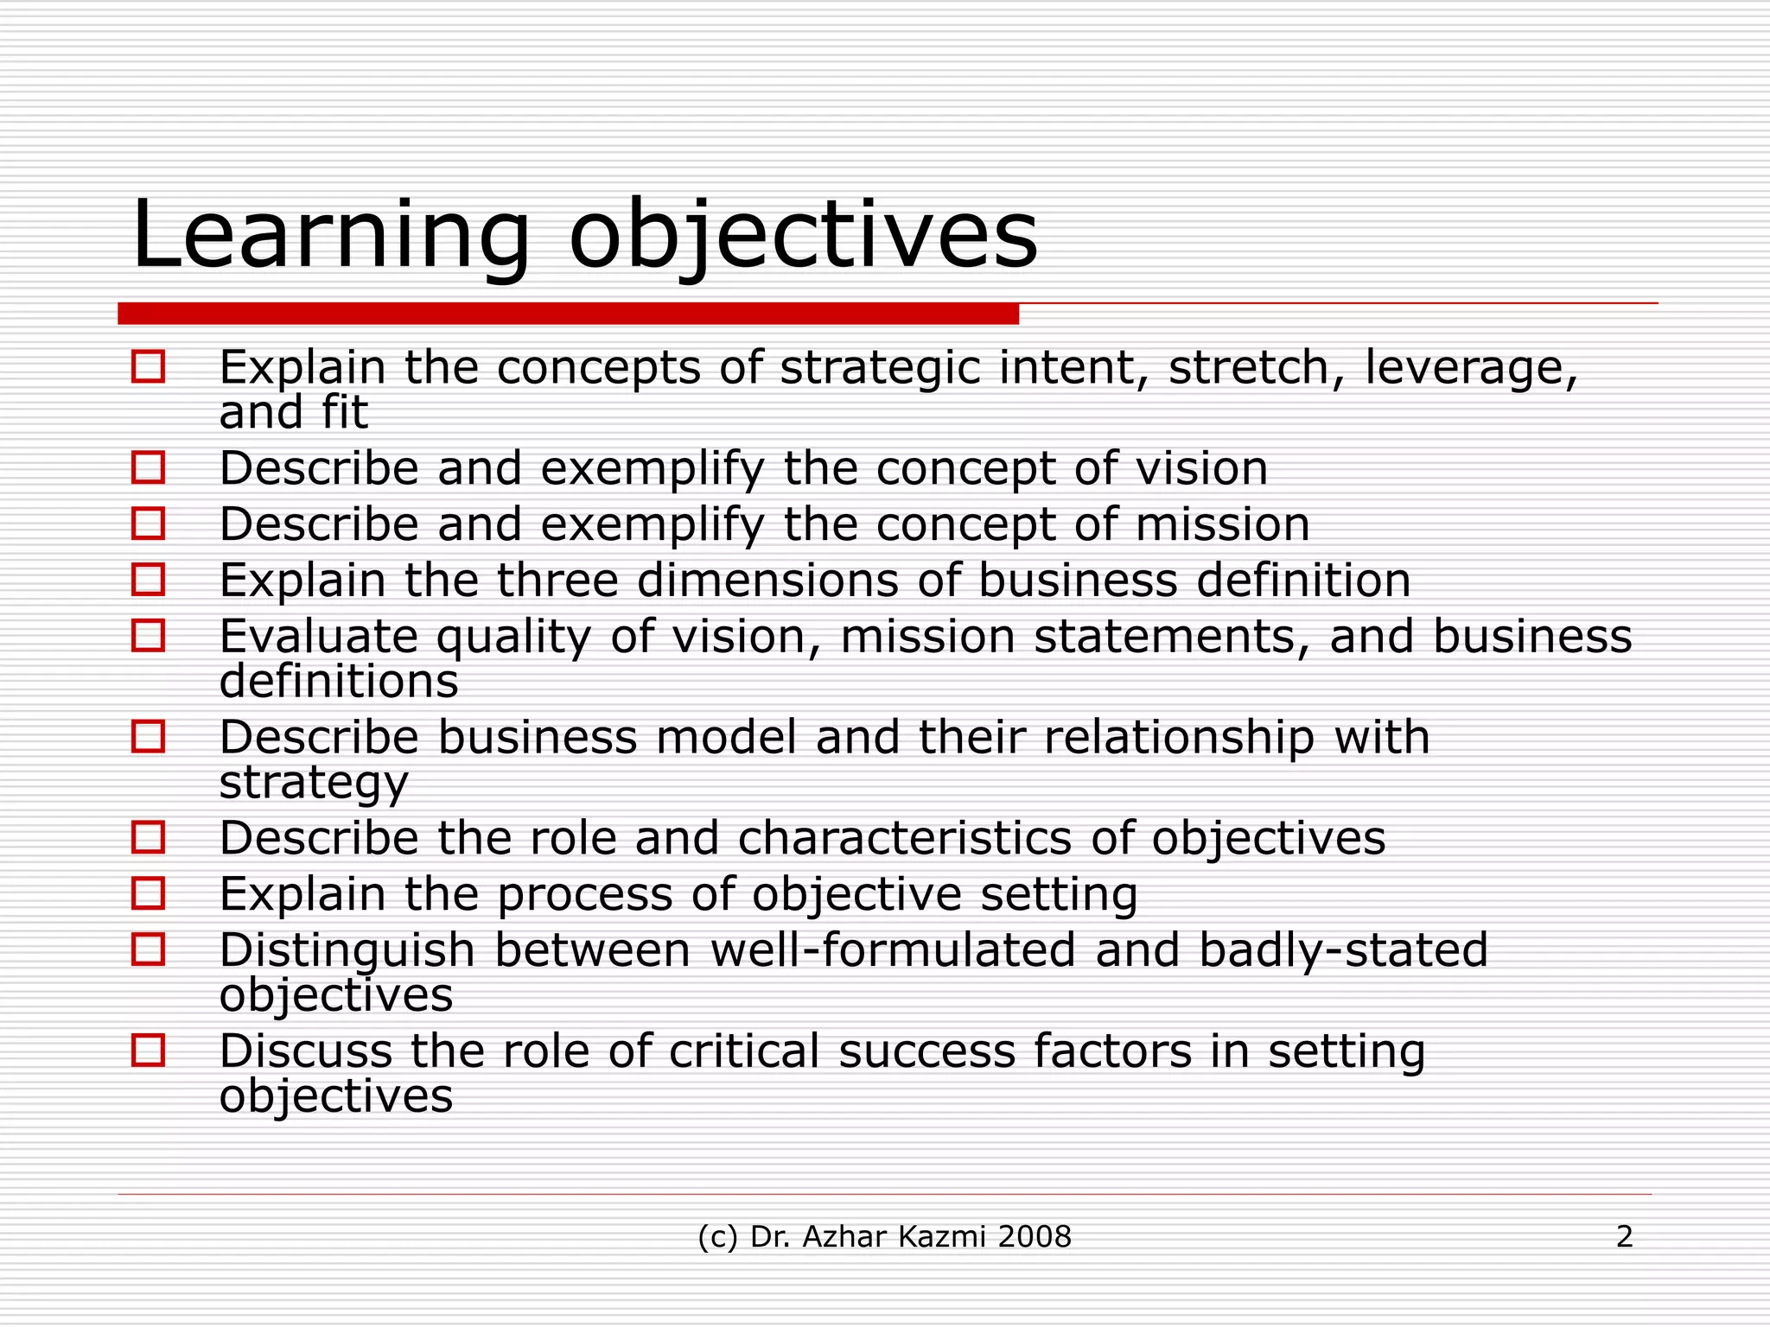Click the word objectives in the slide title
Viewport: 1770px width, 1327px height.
(x=803, y=235)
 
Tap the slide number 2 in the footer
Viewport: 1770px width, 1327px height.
(x=1624, y=1237)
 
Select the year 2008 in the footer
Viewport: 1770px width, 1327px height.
(x=1034, y=1237)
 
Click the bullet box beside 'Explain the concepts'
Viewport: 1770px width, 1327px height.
(x=148, y=366)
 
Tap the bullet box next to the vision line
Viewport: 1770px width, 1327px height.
(x=148, y=467)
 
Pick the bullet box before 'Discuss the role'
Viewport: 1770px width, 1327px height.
(x=148, y=1051)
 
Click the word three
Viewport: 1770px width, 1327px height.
(x=557, y=580)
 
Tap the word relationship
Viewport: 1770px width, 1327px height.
(x=1179, y=738)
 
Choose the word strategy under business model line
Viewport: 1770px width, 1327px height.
(x=313, y=784)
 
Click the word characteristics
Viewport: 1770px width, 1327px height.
(x=904, y=838)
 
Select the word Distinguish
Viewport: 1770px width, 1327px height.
(x=347, y=951)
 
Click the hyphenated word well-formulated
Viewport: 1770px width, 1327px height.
(x=893, y=950)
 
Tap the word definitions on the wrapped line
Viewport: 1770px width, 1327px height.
(x=338, y=682)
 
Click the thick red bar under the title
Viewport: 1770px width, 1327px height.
(x=568, y=314)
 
